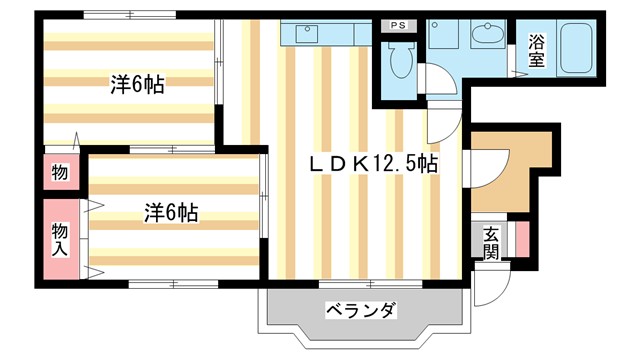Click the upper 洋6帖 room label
pyautogui.click(x=137, y=86)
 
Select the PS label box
pyautogui.click(x=398, y=24)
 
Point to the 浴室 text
pyautogui.click(x=537, y=50)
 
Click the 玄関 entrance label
pyautogui.click(x=491, y=242)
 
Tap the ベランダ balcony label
pyautogui.click(x=360, y=310)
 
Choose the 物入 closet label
pyautogui.click(x=59, y=240)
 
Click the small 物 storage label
pyautogui.click(x=59, y=173)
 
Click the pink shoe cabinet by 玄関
pyautogui.click(x=521, y=242)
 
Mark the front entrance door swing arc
pyautogui.click(x=488, y=288)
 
